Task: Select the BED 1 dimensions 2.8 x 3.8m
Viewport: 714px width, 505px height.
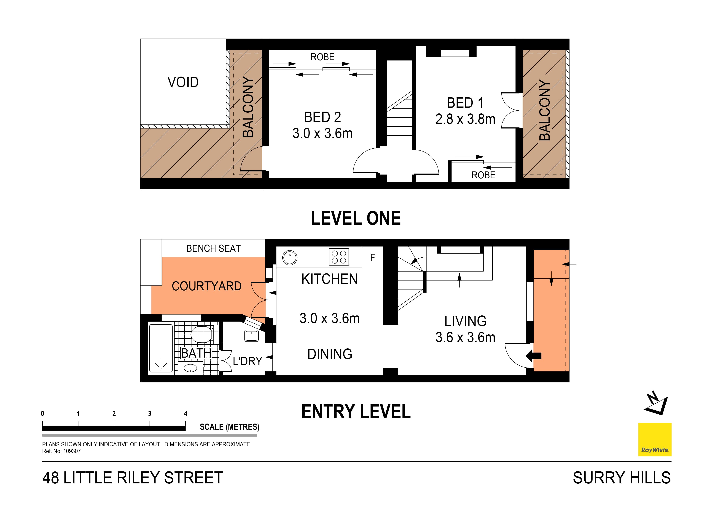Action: coord(465,119)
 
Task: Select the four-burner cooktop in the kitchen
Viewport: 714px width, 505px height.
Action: coord(339,257)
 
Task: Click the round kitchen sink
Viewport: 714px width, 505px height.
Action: coord(290,258)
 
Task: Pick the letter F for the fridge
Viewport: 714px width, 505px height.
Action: coord(373,257)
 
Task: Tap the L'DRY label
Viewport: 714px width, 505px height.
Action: coord(248,361)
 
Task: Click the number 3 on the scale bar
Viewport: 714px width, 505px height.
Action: coord(150,414)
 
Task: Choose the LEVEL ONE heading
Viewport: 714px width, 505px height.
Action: coord(356,218)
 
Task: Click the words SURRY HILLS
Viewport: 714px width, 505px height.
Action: coord(622,478)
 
